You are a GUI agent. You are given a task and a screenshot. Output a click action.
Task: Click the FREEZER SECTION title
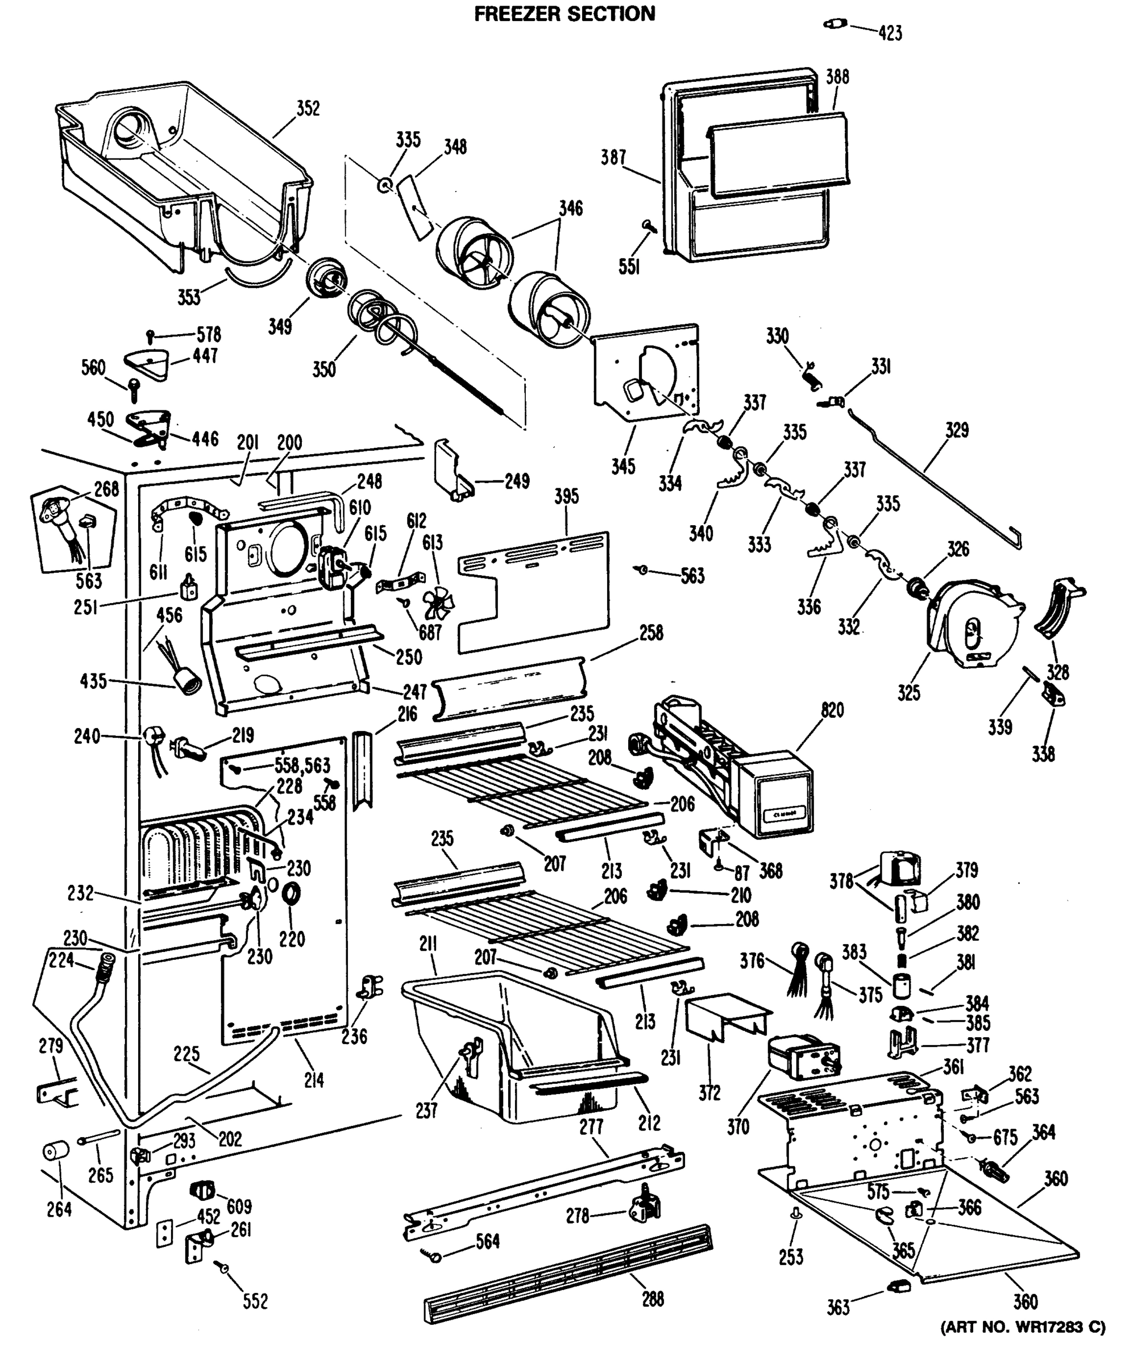click(564, 14)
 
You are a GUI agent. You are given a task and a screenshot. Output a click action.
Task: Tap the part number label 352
click(308, 108)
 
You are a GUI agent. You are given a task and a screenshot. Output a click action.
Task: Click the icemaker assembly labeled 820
click(734, 767)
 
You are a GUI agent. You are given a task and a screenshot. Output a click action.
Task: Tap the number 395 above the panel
click(566, 496)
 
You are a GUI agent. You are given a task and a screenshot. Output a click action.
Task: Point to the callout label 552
click(255, 1301)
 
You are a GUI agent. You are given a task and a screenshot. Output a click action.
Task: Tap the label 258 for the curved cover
click(651, 633)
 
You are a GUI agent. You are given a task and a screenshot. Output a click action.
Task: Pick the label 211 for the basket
click(427, 944)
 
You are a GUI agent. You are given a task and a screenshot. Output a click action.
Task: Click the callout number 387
click(613, 157)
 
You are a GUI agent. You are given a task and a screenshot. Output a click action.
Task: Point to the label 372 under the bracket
click(709, 1093)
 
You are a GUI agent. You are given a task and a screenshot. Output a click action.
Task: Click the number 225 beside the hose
click(186, 1054)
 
